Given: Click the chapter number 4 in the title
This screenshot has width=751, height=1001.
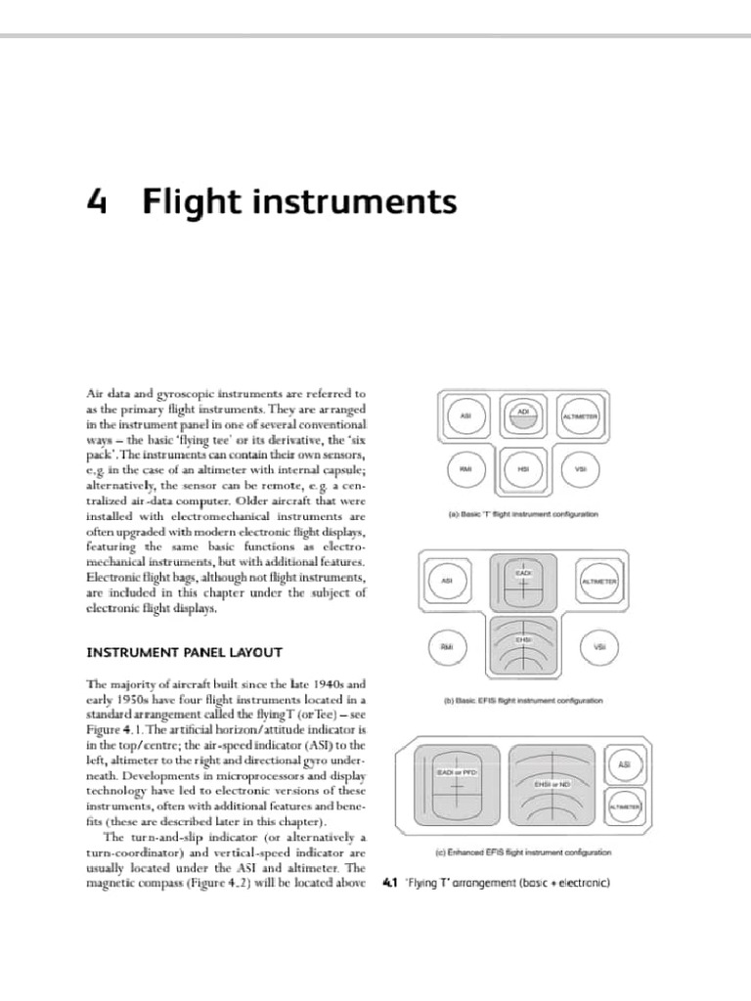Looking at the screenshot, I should click(x=96, y=202).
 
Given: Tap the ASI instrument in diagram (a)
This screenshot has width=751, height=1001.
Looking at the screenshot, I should click(x=466, y=417).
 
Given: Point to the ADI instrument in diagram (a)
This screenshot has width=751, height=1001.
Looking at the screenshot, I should click(x=523, y=415).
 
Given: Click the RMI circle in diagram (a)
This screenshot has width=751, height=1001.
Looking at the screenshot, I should click(x=466, y=469).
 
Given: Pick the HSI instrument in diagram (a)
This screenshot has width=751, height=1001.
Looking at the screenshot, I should click(x=523, y=470).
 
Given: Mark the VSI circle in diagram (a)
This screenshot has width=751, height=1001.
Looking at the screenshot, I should click(x=580, y=469).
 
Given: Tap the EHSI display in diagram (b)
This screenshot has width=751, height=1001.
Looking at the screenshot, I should click(x=523, y=646).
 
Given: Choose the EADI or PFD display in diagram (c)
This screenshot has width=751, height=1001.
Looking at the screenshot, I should click(x=449, y=784).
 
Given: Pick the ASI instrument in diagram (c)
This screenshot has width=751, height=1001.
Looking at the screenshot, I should click(x=624, y=764).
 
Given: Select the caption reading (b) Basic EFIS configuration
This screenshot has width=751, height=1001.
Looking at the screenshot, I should click(x=523, y=701).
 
